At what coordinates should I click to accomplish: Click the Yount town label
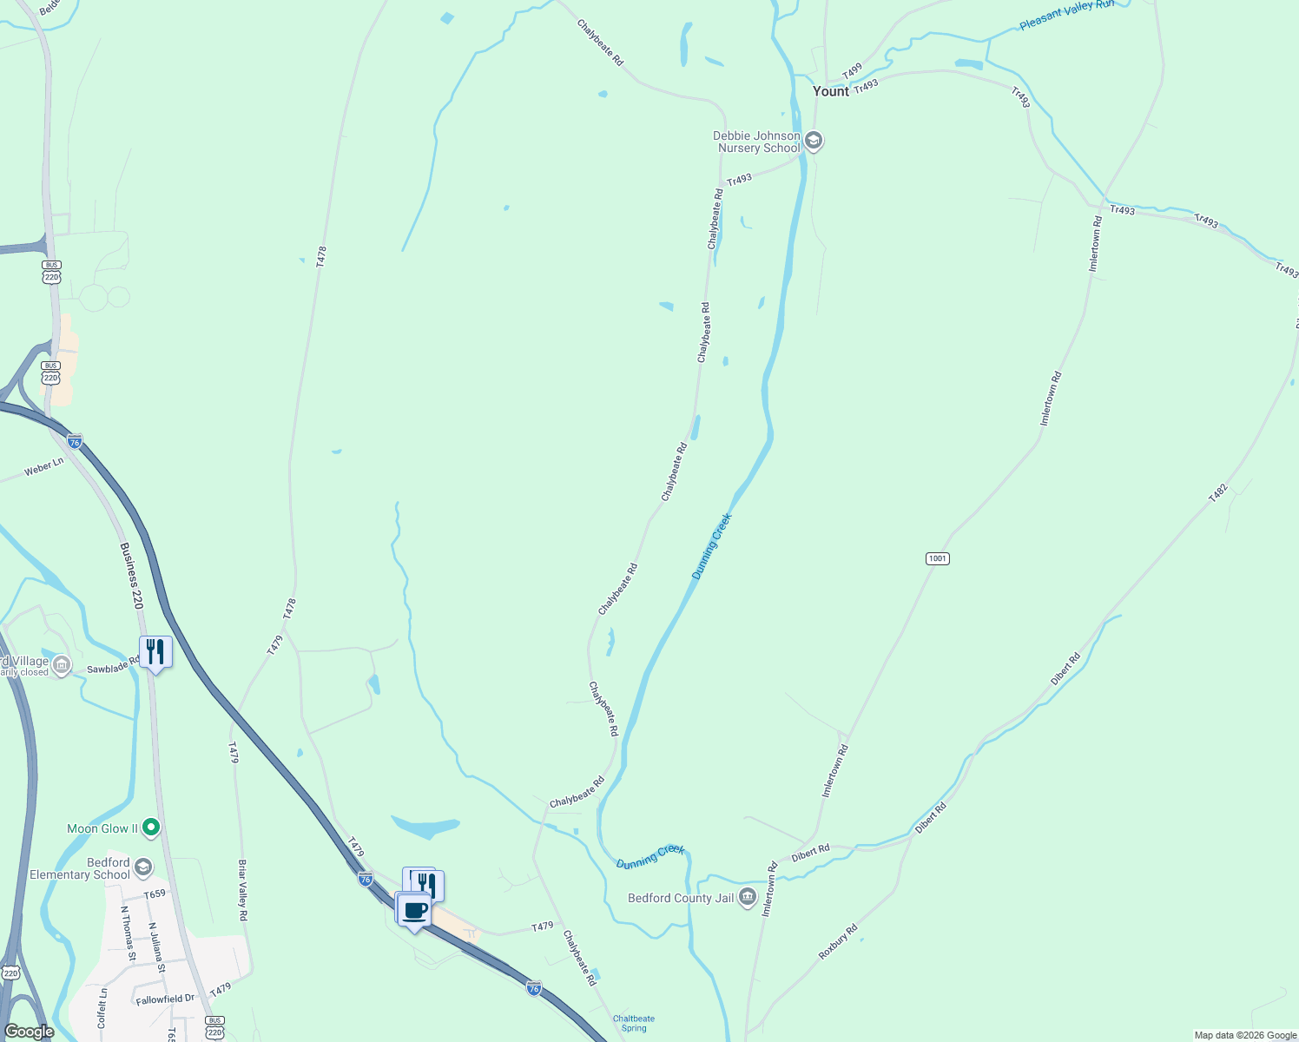(830, 91)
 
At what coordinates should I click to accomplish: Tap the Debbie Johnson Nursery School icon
(814, 141)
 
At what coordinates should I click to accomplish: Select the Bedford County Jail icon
(747, 899)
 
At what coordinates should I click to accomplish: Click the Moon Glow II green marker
(151, 828)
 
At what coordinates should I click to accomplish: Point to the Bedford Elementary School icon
(143, 867)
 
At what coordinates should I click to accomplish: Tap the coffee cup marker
(415, 910)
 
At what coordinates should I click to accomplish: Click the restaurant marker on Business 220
(155, 651)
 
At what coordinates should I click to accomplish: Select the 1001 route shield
(937, 558)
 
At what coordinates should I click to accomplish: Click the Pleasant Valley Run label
(1066, 15)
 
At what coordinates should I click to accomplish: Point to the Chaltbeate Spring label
(634, 1024)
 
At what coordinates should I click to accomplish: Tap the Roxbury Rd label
(838, 942)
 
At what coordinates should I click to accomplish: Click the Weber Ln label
(43, 467)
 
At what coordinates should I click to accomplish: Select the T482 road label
(1218, 493)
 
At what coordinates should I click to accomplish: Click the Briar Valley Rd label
(243, 890)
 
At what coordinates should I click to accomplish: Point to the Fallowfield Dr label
(166, 999)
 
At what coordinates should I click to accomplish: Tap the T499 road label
(852, 69)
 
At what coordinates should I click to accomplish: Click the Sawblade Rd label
(113, 666)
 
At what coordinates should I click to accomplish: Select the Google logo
(29, 1032)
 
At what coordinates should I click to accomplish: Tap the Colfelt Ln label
(102, 1007)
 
